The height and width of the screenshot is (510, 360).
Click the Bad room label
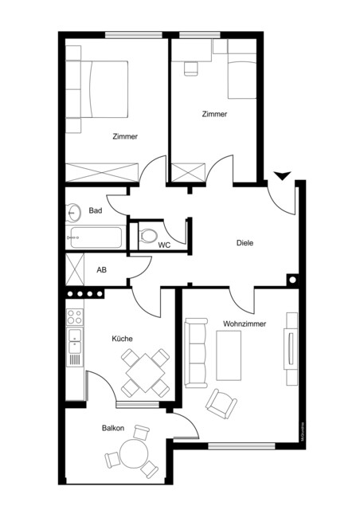96,210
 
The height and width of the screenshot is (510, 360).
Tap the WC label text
165,245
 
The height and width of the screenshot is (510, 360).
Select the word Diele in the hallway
244,243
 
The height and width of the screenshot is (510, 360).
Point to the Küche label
122,339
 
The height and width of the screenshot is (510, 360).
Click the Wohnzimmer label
245,324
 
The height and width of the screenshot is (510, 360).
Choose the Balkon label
112,429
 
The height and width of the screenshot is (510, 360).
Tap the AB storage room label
101,270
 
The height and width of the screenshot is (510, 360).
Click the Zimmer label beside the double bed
124,137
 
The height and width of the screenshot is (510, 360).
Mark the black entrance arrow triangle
281,176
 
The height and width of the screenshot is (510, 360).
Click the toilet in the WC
149,235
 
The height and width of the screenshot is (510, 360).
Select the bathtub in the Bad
95,237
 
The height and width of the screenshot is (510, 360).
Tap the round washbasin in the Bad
74,212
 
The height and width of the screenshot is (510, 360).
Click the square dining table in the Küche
145,371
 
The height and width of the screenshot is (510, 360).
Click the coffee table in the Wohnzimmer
229,355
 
